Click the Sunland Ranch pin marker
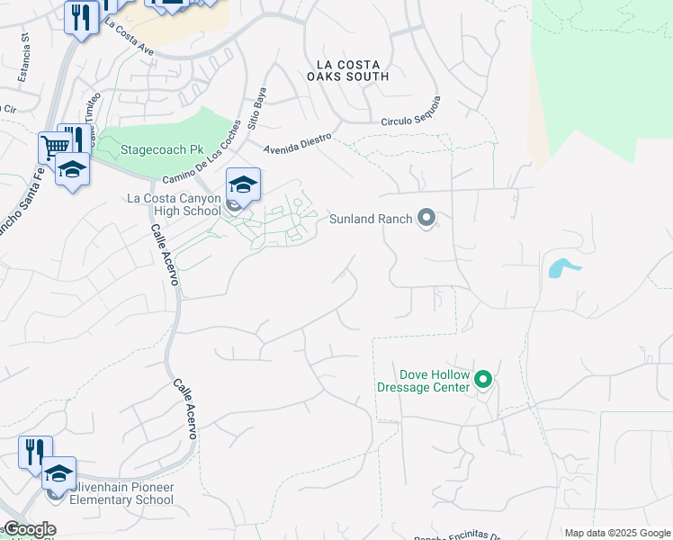coord(427,219)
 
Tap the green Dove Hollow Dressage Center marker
coord(483,380)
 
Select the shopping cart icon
coord(54,147)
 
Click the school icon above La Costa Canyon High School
coord(243,184)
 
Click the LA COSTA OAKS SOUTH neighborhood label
coord(353,70)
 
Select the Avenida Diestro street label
coord(298,144)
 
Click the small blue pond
coord(562,268)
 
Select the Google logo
coord(29,529)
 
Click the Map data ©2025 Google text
coord(617,533)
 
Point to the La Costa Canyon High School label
coord(174,204)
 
